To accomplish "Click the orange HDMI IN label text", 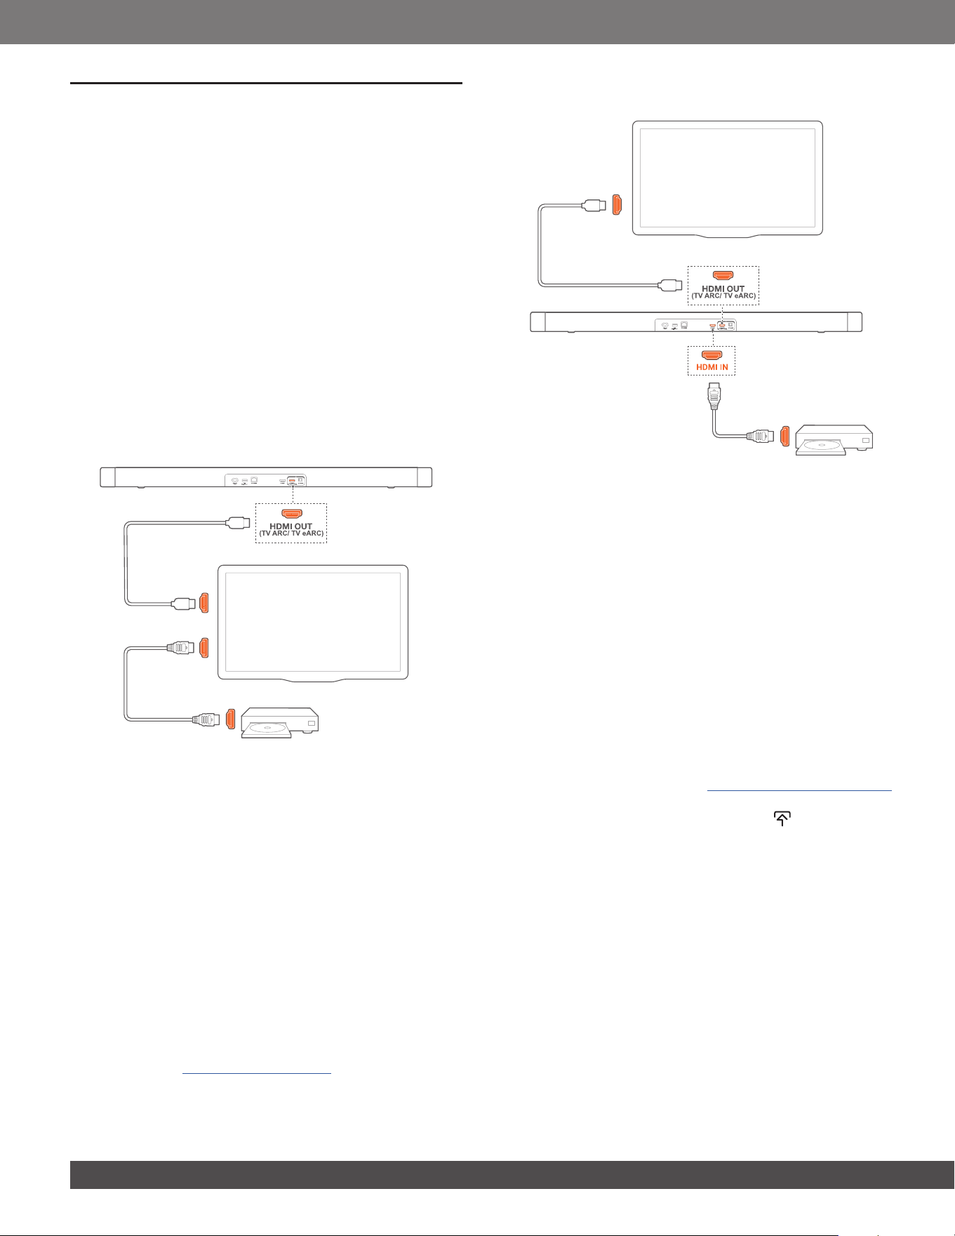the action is [x=712, y=367].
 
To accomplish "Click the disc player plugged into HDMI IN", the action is [x=834, y=440].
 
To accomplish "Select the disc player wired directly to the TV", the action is [x=280, y=722].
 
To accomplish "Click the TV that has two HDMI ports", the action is [x=313, y=623].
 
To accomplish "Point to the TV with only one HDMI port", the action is [x=728, y=179].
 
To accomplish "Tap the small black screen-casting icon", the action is [x=782, y=818].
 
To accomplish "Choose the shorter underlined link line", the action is [x=256, y=1073].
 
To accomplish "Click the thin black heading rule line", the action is [x=266, y=83].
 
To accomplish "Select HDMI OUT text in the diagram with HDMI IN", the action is [x=723, y=288].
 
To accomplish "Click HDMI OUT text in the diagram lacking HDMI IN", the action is [x=291, y=526].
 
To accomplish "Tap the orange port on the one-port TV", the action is [x=617, y=204].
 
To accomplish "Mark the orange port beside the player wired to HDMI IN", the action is [x=785, y=436].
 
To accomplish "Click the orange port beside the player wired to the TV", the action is [x=231, y=719].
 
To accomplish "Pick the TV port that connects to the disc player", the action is [x=204, y=648].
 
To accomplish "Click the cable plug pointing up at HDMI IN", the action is [x=713, y=397].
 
